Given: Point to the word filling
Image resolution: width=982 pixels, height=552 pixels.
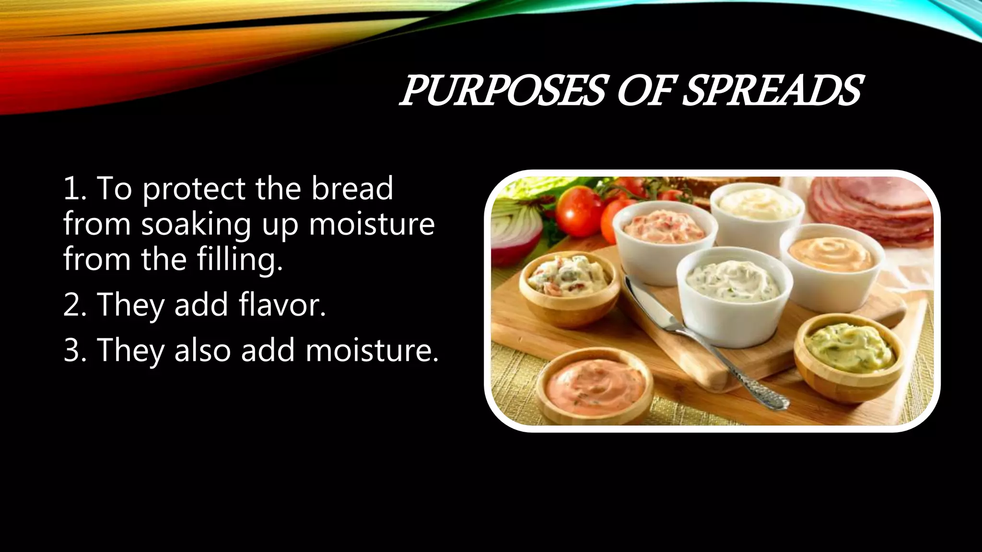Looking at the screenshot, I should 240,259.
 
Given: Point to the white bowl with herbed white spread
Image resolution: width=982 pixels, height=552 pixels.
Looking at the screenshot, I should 734,292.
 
